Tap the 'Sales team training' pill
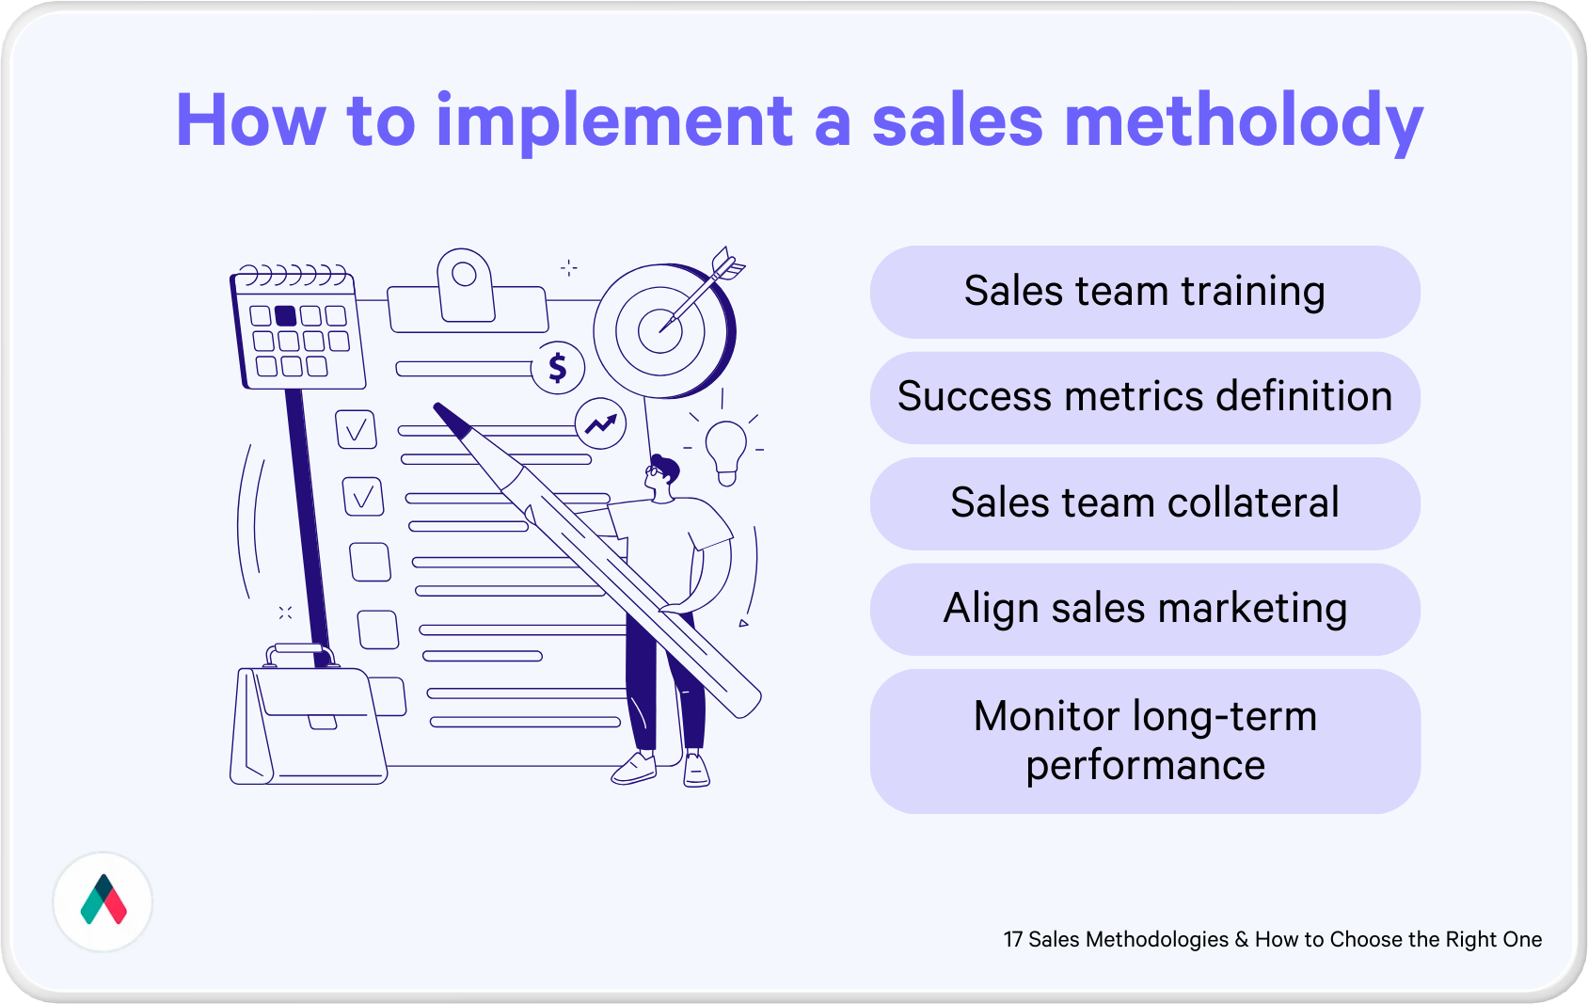click(1145, 292)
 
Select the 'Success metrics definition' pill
click(1145, 397)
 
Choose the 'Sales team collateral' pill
click(1145, 502)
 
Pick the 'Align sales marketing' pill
click(1145, 609)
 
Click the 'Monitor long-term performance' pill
click(1145, 741)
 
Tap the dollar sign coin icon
click(558, 367)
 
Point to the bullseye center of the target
click(660, 330)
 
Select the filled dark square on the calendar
click(285, 315)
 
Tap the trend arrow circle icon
click(600, 423)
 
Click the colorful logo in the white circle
click(103, 900)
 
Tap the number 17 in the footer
click(1012, 939)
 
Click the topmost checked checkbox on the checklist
click(356, 429)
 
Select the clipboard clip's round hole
click(464, 274)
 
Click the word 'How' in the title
click(251, 120)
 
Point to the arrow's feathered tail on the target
click(727, 263)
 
